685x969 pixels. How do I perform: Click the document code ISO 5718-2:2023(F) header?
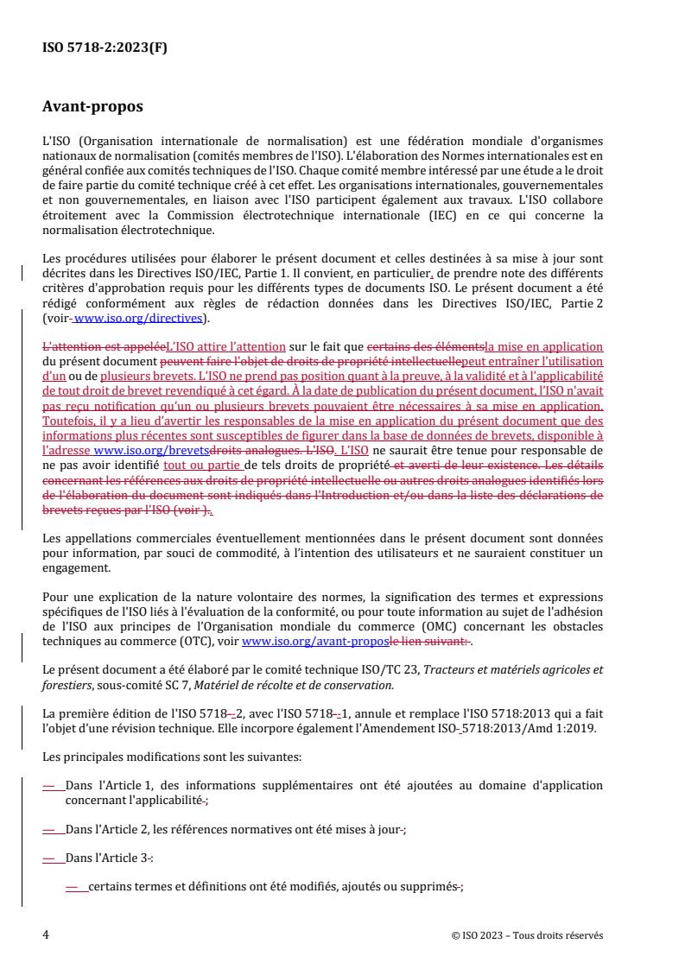[x=105, y=48]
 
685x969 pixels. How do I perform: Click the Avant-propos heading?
[x=92, y=109]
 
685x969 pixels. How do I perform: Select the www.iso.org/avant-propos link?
[x=292, y=642]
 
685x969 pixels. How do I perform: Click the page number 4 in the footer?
[x=46, y=934]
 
